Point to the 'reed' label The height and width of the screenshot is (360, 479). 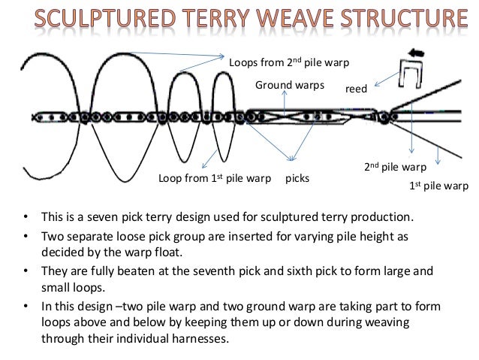356,89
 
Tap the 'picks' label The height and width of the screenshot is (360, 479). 297,180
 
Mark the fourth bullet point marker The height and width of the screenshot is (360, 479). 24,307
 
